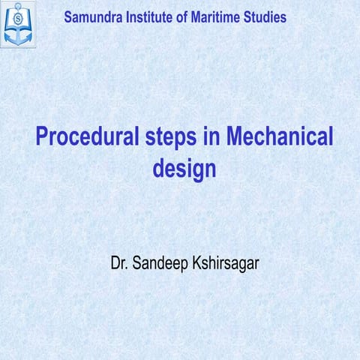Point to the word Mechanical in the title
coord(280,139)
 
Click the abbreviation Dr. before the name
coord(121,264)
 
